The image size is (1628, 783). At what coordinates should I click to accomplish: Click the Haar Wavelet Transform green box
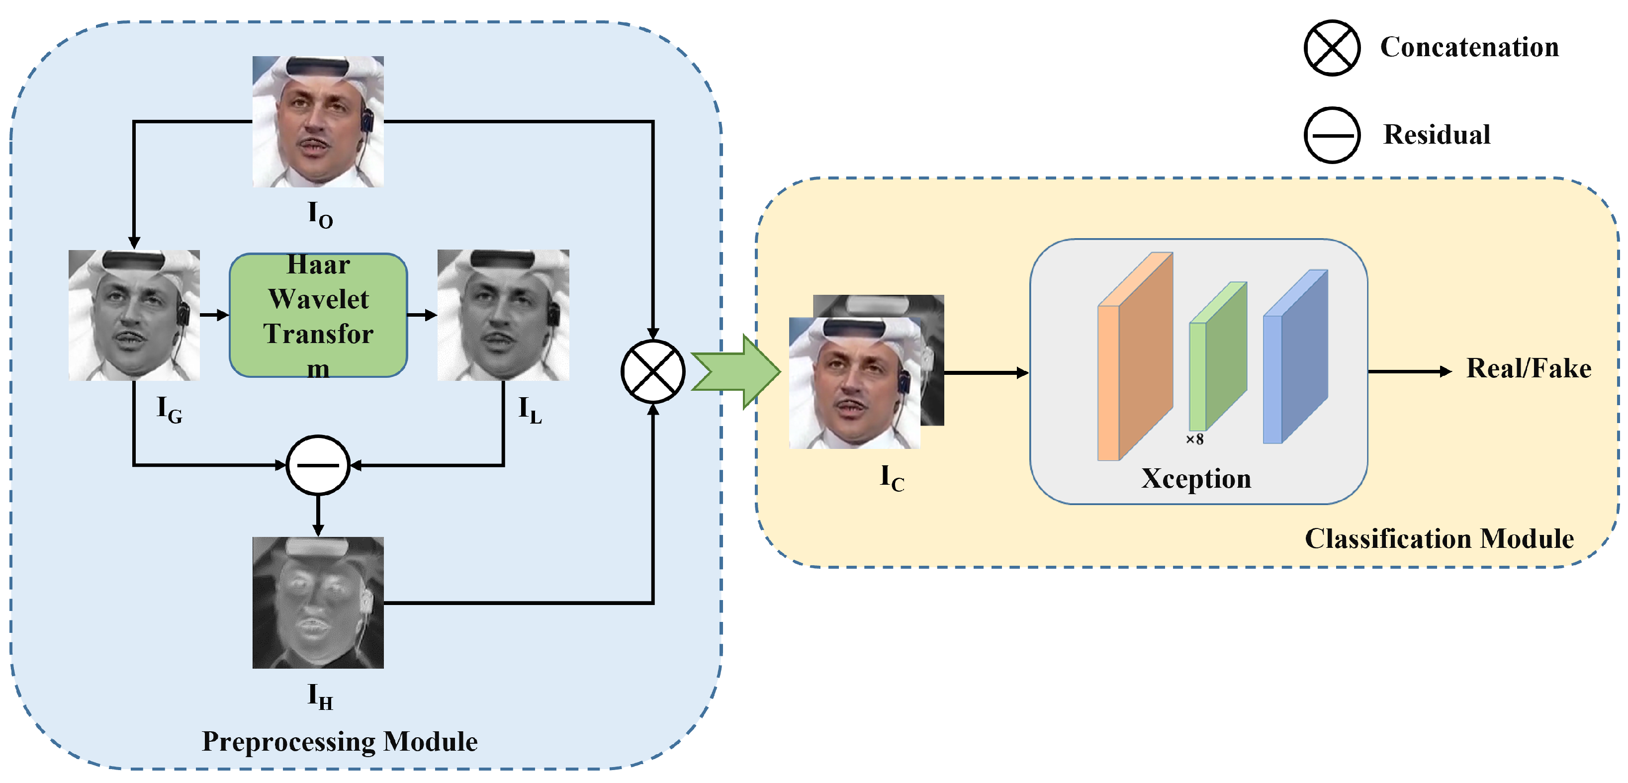coord(318,315)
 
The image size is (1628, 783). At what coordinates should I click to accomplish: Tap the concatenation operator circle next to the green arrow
coord(652,371)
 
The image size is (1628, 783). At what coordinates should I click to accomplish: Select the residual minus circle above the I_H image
coord(318,465)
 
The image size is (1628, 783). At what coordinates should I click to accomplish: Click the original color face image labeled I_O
coord(318,121)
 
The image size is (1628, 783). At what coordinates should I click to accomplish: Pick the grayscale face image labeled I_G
coord(134,315)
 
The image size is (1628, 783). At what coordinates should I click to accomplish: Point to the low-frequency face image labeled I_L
coord(503,315)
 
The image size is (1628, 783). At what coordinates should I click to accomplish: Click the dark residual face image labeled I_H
coord(318,602)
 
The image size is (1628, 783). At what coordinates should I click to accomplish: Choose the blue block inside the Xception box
coord(1294,357)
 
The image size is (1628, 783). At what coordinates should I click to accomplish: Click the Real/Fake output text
coord(1528,368)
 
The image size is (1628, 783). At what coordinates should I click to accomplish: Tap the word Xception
coord(1196,478)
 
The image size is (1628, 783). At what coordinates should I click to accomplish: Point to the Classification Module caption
coord(1439,539)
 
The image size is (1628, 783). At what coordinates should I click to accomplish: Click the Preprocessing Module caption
coord(340,741)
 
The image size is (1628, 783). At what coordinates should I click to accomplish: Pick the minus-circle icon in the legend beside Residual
coord(1332,135)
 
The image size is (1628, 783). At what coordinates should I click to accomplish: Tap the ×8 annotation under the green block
coord(1194,439)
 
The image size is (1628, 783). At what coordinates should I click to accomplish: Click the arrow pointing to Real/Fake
coord(1409,371)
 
